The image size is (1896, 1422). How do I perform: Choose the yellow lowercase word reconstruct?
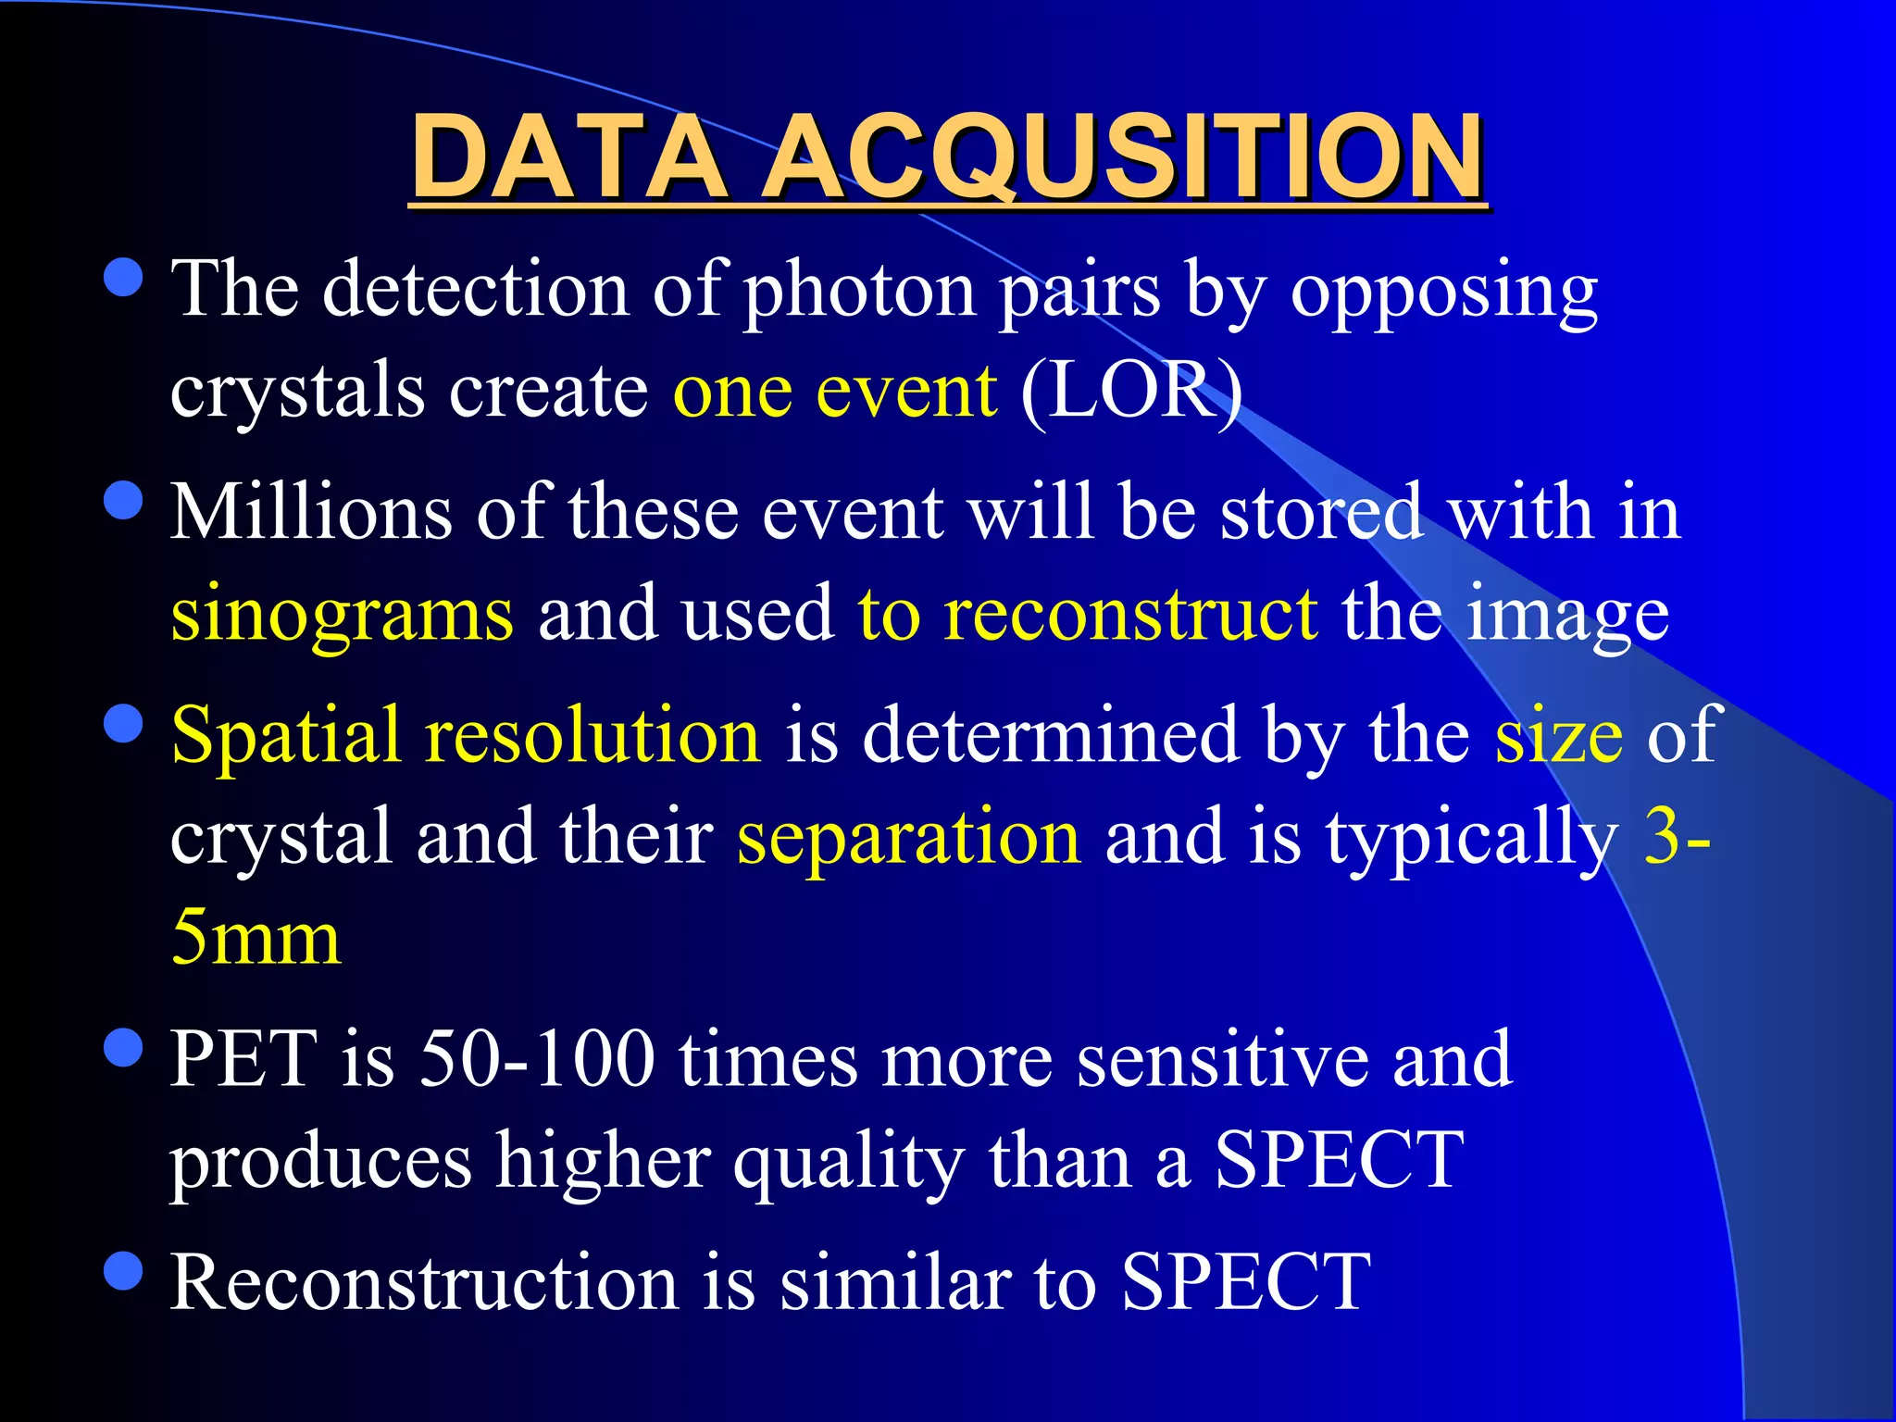[1130, 613]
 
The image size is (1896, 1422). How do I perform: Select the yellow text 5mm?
[256, 938]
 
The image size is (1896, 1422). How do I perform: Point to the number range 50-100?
[537, 1059]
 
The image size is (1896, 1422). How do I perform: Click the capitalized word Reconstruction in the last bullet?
[425, 1283]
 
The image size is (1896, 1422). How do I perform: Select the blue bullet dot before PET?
[124, 1048]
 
